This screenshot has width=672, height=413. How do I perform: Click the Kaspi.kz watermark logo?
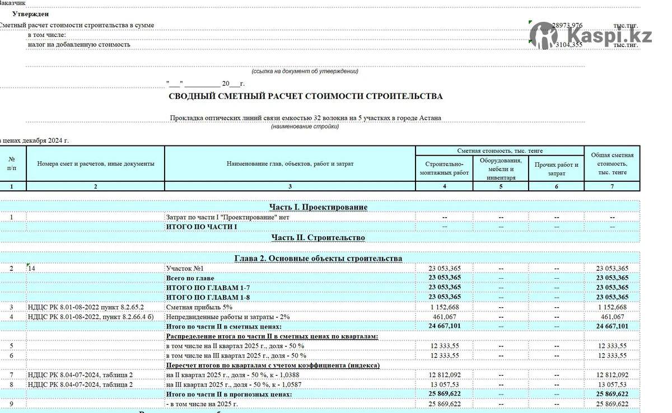(x=591, y=35)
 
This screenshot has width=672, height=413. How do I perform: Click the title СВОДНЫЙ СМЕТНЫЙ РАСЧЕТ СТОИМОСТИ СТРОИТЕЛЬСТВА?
(x=305, y=96)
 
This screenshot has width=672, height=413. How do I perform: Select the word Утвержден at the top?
(x=30, y=14)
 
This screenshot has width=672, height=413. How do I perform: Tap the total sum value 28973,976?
(x=567, y=26)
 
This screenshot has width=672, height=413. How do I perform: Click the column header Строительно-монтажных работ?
(x=444, y=168)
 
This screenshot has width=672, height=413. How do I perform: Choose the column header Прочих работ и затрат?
(x=556, y=169)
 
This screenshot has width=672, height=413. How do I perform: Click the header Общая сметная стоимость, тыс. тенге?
(x=612, y=163)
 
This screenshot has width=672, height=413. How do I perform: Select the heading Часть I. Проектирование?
(x=318, y=207)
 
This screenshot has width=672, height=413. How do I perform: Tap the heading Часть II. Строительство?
(x=318, y=238)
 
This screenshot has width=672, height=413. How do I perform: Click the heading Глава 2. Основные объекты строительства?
(x=318, y=259)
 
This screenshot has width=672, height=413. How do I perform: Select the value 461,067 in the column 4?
(x=445, y=317)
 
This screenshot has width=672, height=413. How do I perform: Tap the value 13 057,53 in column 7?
(x=612, y=384)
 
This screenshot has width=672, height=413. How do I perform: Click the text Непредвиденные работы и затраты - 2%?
(x=227, y=317)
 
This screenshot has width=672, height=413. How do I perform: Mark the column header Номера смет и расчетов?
(x=95, y=164)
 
